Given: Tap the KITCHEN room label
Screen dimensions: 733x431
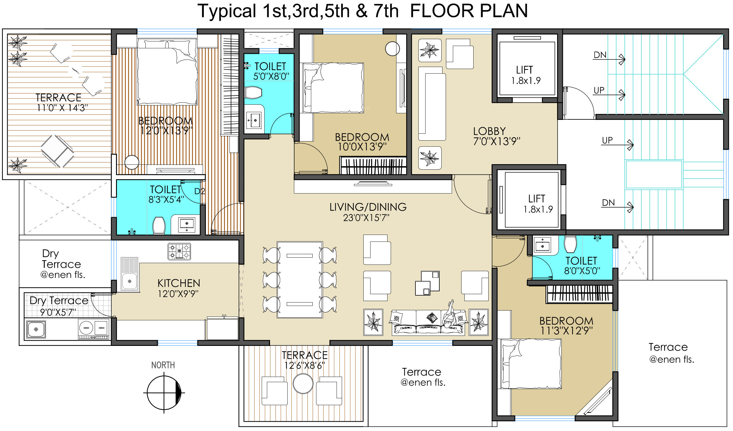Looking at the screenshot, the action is pyautogui.click(x=178, y=283).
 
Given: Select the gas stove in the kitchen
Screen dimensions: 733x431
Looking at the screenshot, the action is pyautogui.click(x=179, y=252).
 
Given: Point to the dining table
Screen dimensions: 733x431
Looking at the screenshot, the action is pyautogui.click(x=300, y=280).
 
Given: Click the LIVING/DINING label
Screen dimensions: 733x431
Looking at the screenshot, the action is pyautogui.click(x=368, y=207).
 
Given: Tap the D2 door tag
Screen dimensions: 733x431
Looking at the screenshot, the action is pyautogui.click(x=200, y=191).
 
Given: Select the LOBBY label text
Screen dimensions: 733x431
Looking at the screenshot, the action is pyautogui.click(x=489, y=131).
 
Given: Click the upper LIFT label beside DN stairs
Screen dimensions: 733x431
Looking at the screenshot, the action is pyautogui.click(x=525, y=70).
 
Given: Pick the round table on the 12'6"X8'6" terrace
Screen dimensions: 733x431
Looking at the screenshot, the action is pyautogui.click(x=303, y=383).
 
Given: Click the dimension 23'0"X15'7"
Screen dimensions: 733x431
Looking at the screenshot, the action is pyautogui.click(x=366, y=218).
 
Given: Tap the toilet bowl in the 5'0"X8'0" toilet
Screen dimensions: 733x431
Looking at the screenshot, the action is pyautogui.click(x=253, y=93).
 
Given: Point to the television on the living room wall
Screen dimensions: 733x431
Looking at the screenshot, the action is pyautogui.click(x=373, y=184).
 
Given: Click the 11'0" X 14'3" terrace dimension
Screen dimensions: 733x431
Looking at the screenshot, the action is pyautogui.click(x=62, y=108).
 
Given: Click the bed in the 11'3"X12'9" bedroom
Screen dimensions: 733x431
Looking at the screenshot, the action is pyautogui.click(x=531, y=364).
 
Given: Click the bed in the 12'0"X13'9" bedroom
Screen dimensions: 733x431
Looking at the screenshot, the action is pyautogui.click(x=167, y=71).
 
